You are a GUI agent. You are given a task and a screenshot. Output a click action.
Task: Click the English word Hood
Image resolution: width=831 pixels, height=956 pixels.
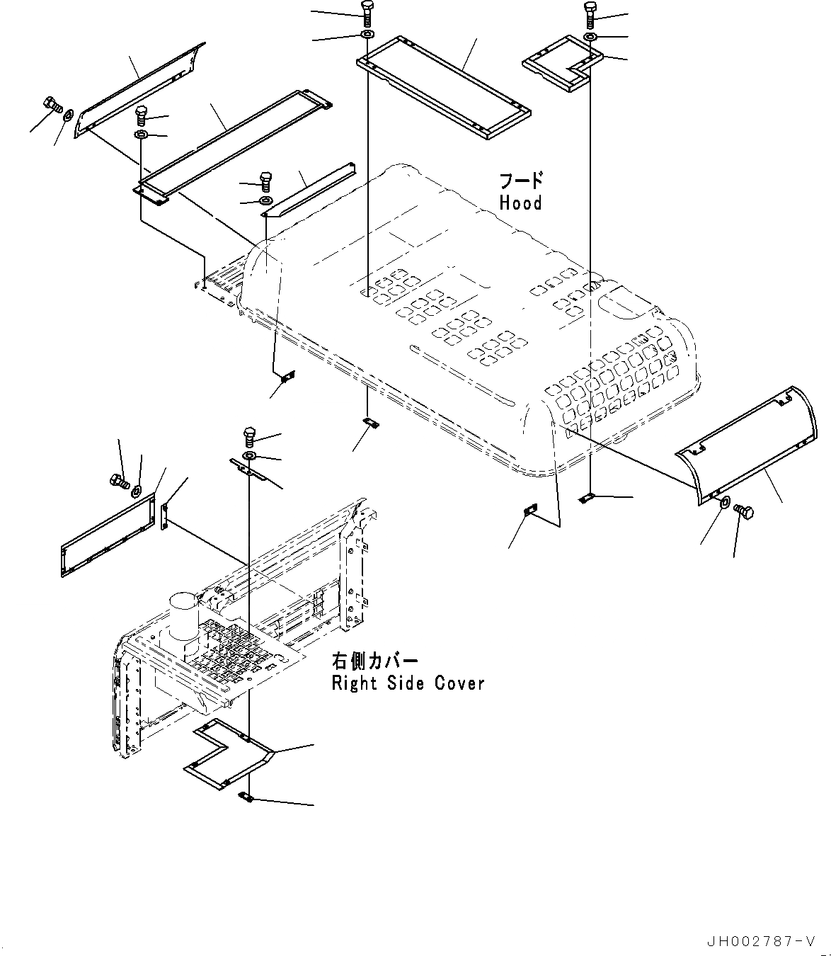click(520, 203)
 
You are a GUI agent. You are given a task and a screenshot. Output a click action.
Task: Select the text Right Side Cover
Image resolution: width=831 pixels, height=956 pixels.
click(408, 683)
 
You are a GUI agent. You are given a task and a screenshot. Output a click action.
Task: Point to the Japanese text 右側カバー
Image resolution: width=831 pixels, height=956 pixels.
click(375, 661)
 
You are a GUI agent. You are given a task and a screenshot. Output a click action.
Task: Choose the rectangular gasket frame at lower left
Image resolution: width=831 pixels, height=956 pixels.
click(108, 535)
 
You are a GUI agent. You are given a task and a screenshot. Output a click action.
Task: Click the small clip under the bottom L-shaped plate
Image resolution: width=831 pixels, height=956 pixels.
click(245, 798)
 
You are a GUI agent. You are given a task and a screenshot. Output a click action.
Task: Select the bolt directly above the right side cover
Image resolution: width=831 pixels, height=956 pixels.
click(249, 434)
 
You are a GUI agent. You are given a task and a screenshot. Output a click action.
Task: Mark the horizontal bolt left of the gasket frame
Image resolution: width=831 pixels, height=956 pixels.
click(118, 482)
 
